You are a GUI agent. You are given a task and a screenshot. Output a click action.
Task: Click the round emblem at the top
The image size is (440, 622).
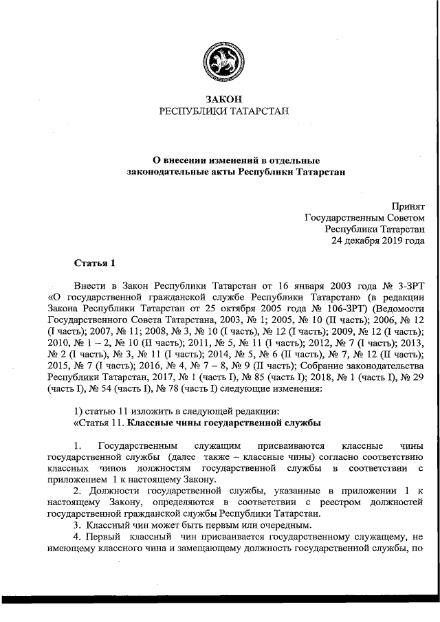pyautogui.click(x=219, y=60)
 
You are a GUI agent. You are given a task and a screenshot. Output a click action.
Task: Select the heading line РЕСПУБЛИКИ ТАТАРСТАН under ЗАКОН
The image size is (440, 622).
pyautogui.click(x=220, y=111)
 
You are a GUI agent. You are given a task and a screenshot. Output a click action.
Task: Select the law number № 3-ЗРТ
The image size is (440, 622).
pyautogui.click(x=402, y=285)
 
